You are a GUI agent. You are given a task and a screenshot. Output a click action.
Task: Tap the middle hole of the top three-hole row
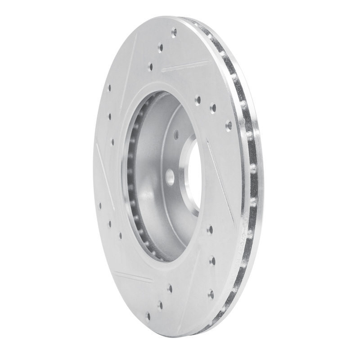(160, 47)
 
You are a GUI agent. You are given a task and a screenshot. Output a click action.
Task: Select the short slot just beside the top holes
(180, 67)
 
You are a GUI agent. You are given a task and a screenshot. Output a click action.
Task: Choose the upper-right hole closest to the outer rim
(228, 124)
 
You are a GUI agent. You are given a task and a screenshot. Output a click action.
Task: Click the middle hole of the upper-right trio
(212, 108)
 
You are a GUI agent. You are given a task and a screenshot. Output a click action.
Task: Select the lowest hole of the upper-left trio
(112, 142)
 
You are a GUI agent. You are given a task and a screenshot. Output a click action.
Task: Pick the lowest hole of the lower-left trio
(120, 235)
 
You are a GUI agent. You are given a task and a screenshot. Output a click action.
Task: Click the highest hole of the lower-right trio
(209, 229)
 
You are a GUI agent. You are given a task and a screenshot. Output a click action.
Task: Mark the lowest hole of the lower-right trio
(210, 294)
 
